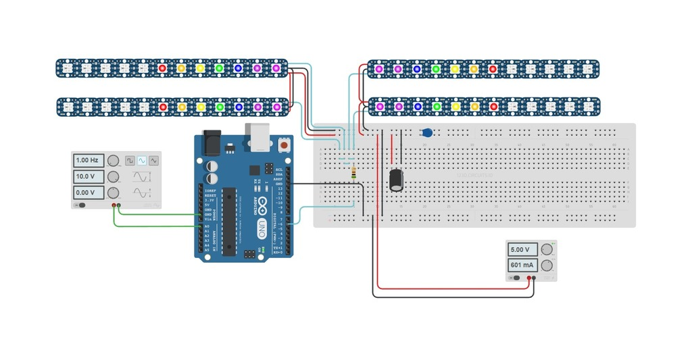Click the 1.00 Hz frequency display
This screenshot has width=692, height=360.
click(x=89, y=161)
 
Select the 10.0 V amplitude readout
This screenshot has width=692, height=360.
click(x=89, y=177)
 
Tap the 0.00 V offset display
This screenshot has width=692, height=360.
click(x=89, y=193)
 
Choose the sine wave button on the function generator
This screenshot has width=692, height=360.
click(x=142, y=161)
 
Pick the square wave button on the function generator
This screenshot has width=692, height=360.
click(x=130, y=161)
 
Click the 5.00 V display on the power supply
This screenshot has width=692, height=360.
click(x=523, y=249)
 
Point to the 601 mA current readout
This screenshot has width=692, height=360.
click(x=523, y=265)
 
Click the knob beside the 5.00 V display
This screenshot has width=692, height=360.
click(x=547, y=249)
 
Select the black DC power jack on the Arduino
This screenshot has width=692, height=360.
click(x=214, y=140)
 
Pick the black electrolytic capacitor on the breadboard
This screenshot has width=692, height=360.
click(x=397, y=179)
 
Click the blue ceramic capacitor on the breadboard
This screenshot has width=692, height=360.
click(x=426, y=132)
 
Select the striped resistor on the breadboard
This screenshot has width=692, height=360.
click(x=355, y=174)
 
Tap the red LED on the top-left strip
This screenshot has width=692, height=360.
click(x=162, y=68)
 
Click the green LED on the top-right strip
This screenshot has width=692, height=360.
click(x=436, y=68)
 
